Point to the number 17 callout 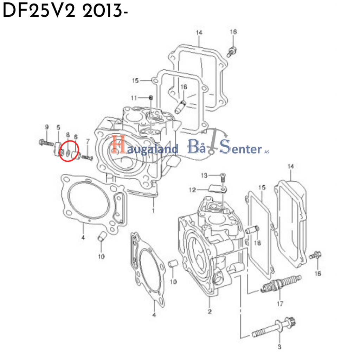pos(280,303)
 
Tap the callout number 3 pos(280,347)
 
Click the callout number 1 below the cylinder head pos(153,211)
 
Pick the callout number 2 pos(210,312)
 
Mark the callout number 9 pos(46,127)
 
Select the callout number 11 pos(133,97)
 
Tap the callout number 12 pos(192,190)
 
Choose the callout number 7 pos(88,141)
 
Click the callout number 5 pos(58,127)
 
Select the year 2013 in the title pos(102,12)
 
